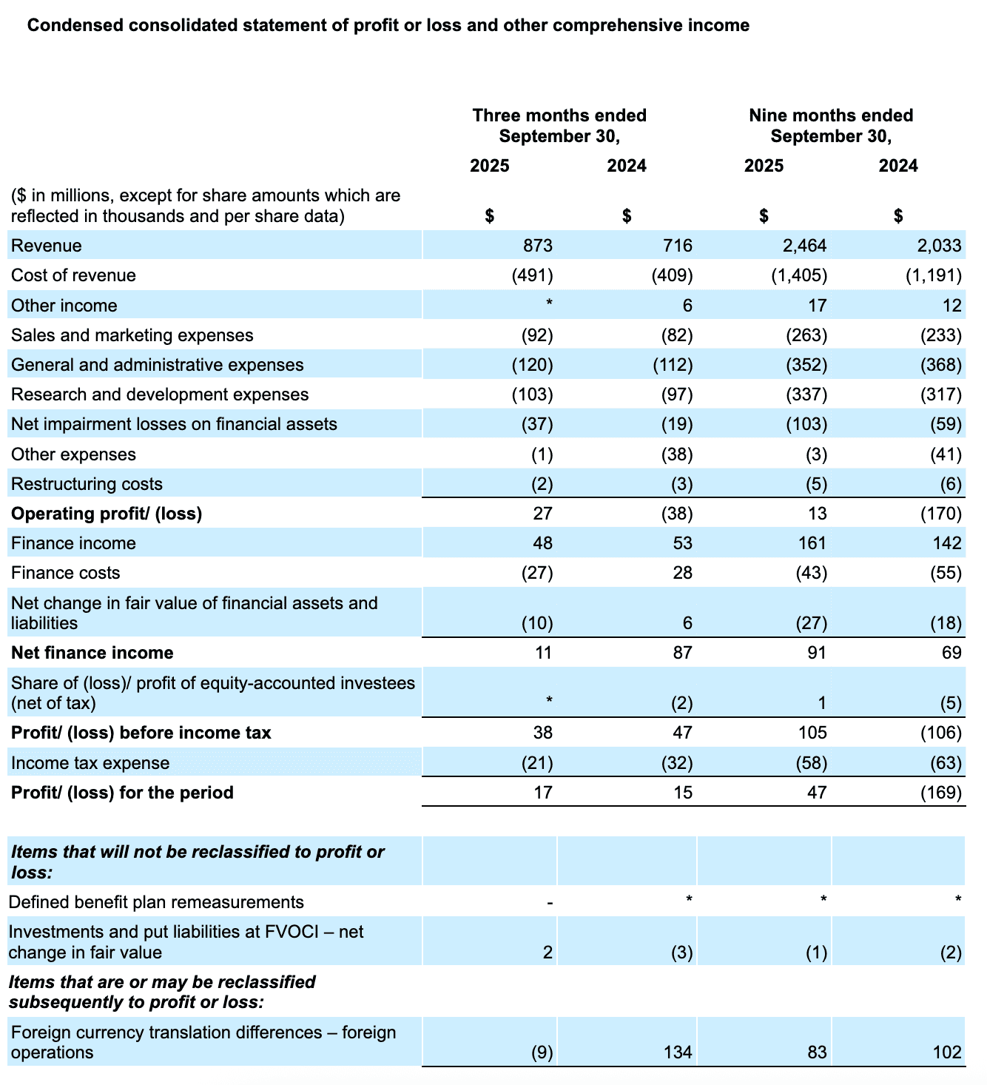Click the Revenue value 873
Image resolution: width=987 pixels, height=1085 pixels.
pyautogui.click(x=537, y=246)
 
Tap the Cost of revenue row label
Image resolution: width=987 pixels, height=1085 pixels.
pyautogui.click(x=73, y=275)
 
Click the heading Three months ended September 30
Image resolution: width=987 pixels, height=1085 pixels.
pyautogui.click(x=559, y=126)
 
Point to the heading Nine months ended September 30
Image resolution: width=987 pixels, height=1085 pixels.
pyautogui.click(x=831, y=126)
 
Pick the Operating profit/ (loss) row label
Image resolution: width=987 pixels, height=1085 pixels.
pyautogui.click(x=107, y=514)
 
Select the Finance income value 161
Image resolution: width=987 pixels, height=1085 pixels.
pyautogui.click(x=812, y=543)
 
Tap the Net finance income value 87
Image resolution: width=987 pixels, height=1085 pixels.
pyautogui.click(x=682, y=653)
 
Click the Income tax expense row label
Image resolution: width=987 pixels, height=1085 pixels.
pyautogui.click(x=90, y=763)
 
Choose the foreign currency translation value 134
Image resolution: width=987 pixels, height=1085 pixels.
pyautogui.click(x=678, y=1052)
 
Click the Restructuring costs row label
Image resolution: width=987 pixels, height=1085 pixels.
pyautogui.click(x=87, y=484)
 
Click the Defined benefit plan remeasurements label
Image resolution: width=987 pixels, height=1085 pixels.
pyautogui.click(x=156, y=902)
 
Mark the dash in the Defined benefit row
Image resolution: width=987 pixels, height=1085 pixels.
pyautogui.click(x=549, y=903)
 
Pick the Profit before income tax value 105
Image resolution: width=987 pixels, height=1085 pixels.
pyautogui.click(x=812, y=733)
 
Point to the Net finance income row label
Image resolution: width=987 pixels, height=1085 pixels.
pyautogui.click(x=92, y=653)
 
